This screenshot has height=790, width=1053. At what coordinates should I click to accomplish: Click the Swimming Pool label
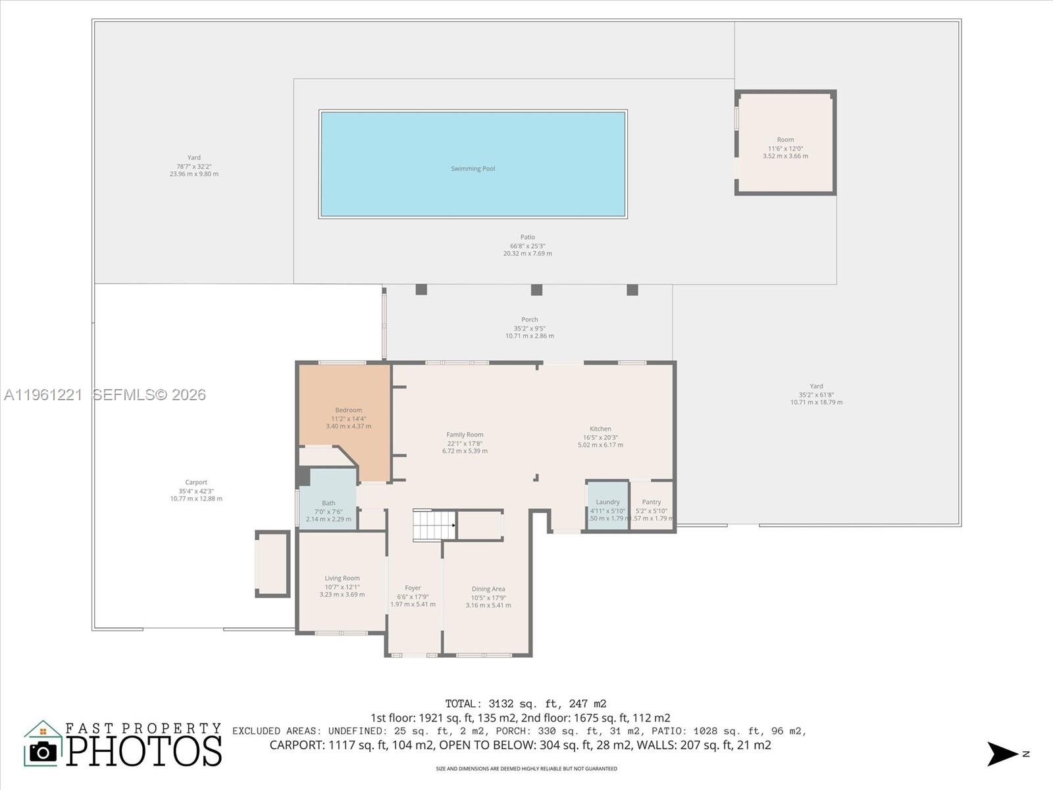tap(473, 169)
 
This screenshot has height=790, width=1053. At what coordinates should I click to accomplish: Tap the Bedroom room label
tap(348, 410)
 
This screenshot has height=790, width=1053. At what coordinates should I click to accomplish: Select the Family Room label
tap(465, 434)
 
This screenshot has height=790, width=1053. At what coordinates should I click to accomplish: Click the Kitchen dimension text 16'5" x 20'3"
tap(600, 437)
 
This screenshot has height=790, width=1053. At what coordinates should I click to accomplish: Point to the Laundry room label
tap(607, 502)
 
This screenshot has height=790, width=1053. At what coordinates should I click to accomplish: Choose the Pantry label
tap(652, 502)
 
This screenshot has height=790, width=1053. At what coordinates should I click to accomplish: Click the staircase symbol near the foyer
tap(434, 525)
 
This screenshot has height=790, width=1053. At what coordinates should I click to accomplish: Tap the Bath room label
tap(328, 503)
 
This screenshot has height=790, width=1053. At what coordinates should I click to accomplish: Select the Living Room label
tap(342, 578)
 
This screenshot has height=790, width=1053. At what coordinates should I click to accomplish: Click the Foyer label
tap(413, 588)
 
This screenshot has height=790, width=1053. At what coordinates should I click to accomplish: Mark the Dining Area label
tap(488, 589)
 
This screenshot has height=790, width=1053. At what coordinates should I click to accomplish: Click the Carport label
tap(196, 482)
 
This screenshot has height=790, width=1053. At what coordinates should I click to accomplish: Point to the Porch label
tap(530, 319)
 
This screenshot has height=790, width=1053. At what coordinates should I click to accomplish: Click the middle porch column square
tap(536, 290)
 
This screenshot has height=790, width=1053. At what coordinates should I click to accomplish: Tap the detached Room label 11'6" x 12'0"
tap(785, 140)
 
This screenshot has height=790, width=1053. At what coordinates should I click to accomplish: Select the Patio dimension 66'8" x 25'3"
tap(528, 246)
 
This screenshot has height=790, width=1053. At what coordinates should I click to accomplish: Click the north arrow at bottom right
tap(1003, 754)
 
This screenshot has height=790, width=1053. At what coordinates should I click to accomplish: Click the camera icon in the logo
tap(43, 751)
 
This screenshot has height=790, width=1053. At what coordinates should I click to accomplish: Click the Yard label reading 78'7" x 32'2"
tap(194, 166)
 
